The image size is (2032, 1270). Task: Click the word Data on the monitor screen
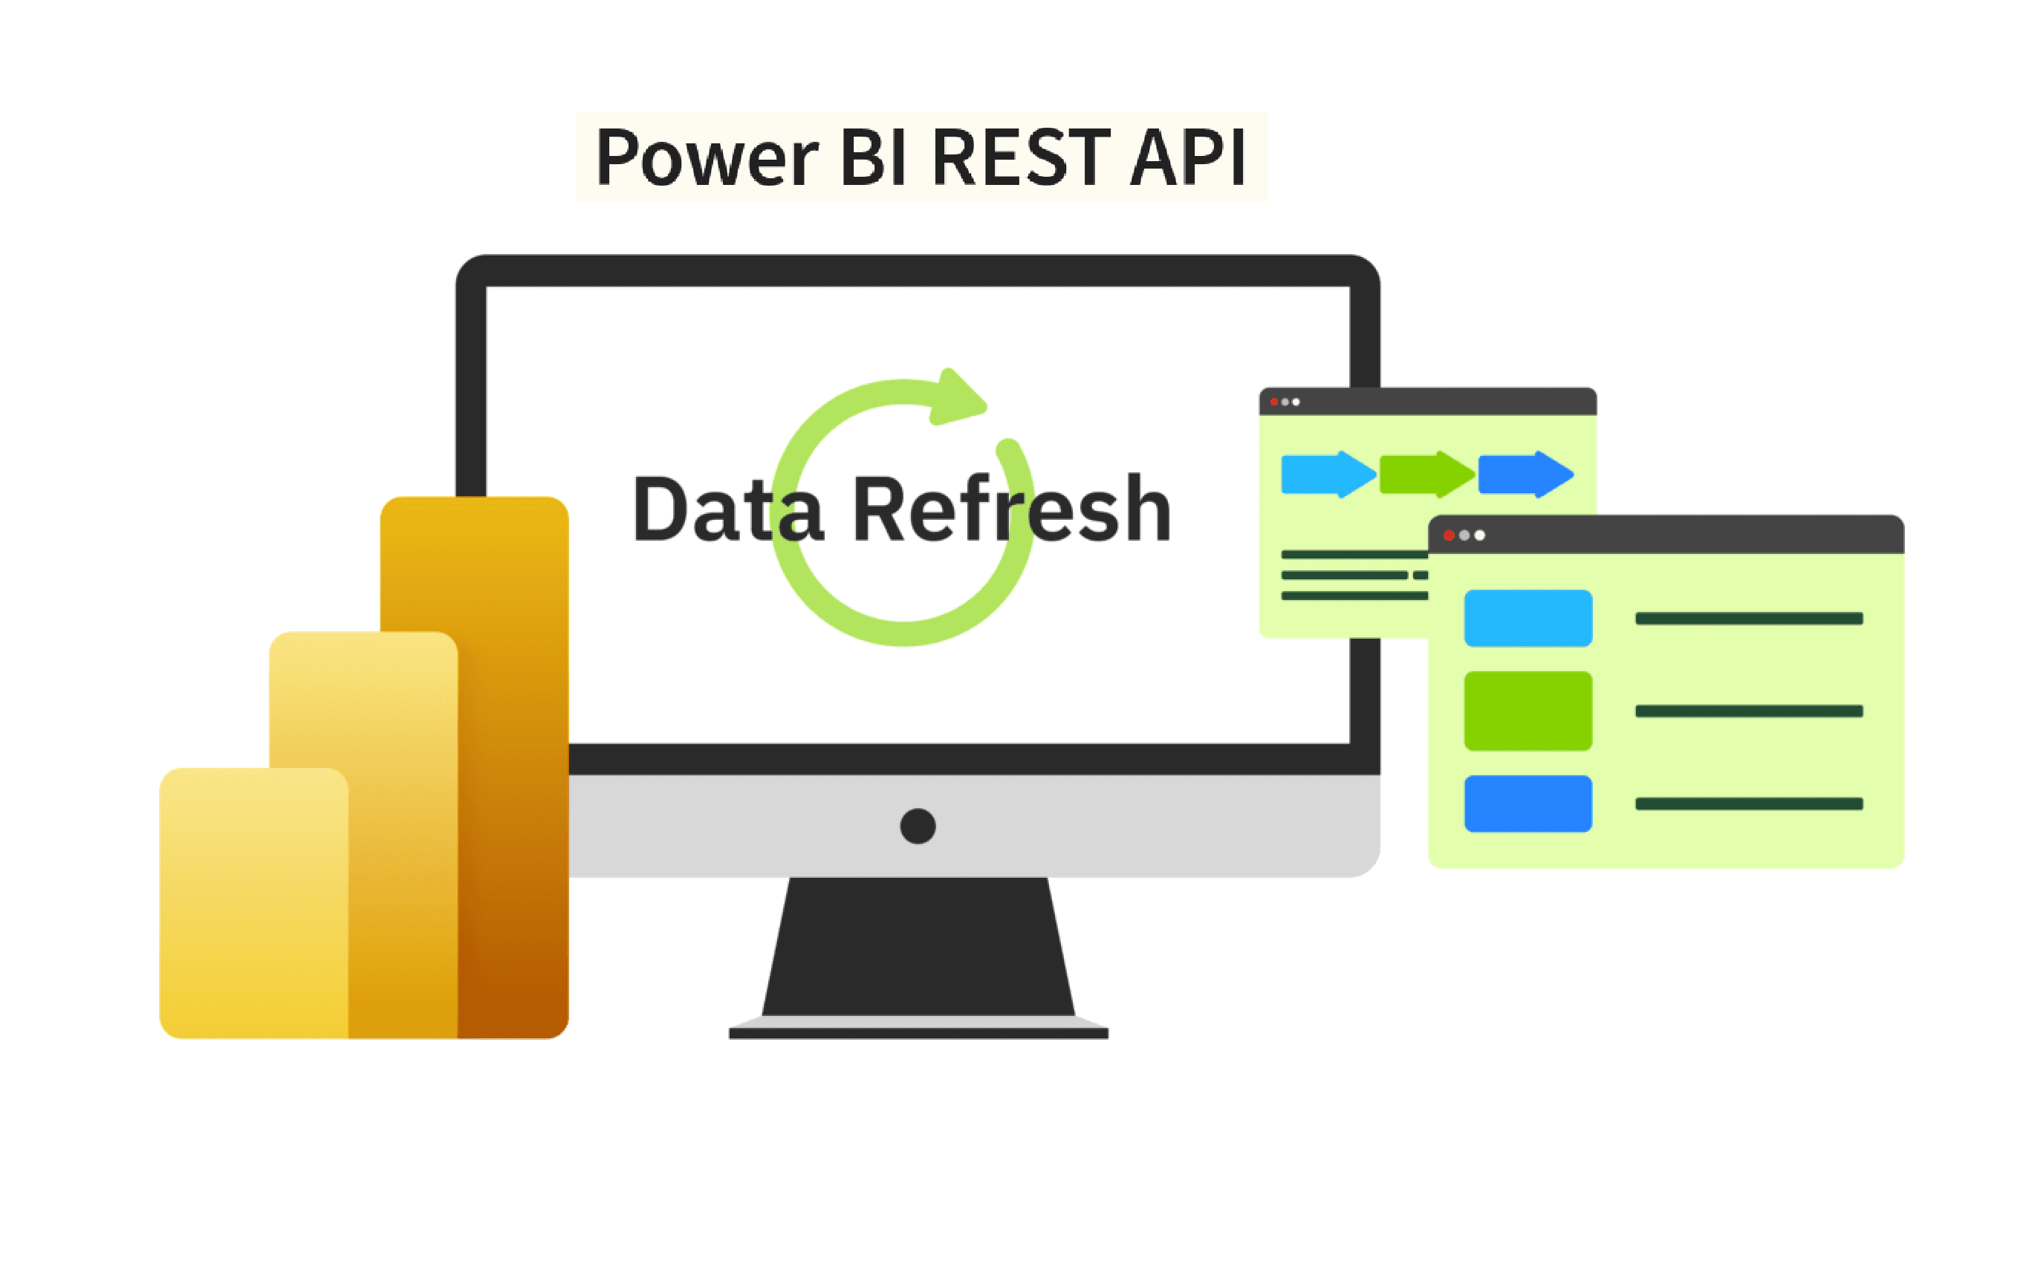727,509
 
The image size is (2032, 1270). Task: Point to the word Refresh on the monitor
1011,509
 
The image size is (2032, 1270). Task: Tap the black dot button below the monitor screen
918,826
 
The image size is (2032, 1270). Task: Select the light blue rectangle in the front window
1527,618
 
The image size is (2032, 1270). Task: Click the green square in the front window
1527,711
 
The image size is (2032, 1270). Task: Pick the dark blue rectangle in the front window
1527,804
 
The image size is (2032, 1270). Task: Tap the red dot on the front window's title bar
1448,535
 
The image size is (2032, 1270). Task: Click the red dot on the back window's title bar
1273,403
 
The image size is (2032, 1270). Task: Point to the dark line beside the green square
1748,711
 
